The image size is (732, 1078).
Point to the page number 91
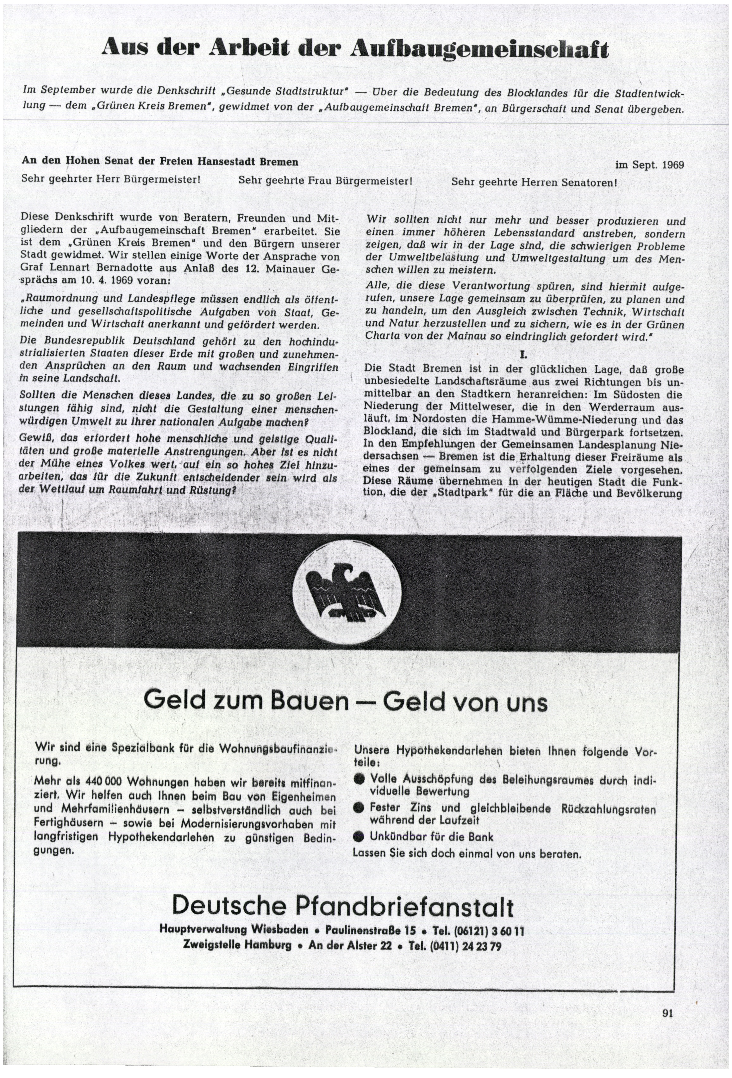[x=667, y=1026]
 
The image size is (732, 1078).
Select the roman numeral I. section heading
[x=523, y=355]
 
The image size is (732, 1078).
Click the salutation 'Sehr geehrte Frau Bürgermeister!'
[x=325, y=180]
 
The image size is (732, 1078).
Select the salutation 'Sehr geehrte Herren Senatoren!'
[x=534, y=182]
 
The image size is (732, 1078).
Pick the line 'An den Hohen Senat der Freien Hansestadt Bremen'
[x=160, y=162]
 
